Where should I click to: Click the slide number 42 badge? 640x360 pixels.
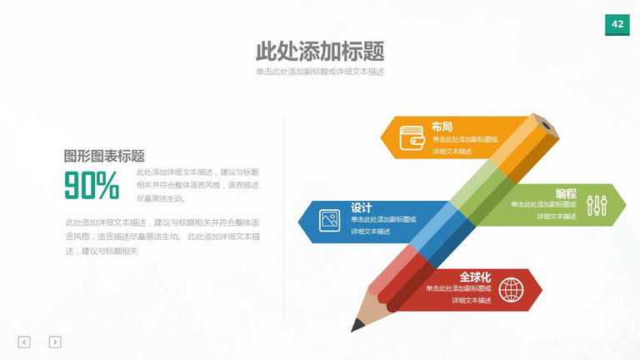point(617,24)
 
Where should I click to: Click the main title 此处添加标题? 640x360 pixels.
point(320,52)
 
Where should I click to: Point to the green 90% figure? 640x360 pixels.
point(92,185)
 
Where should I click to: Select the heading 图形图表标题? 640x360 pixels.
point(104,156)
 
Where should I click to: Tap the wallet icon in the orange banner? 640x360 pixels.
point(412,137)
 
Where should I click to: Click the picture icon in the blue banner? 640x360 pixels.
point(329,220)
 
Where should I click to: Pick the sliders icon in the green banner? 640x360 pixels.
point(597,205)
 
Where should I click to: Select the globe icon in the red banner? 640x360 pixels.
point(511,290)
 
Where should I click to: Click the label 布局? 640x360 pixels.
point(442,127)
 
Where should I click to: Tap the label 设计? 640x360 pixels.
point(361,207)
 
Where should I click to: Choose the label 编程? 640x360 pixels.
point(566,193)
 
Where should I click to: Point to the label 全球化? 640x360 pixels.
point(475,277)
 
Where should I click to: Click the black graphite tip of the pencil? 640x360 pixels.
point(357,325)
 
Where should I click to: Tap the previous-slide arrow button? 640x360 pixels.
point(24,342)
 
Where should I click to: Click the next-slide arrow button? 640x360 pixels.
point(55,342)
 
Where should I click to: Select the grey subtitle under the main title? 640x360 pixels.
point(320,72)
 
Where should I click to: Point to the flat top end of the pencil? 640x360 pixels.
point(546,125)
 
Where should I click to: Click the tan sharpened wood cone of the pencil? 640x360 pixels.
point(372,307)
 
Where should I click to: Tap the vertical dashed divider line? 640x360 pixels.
point(284,220)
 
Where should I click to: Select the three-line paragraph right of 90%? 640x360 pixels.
point(197,185)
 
